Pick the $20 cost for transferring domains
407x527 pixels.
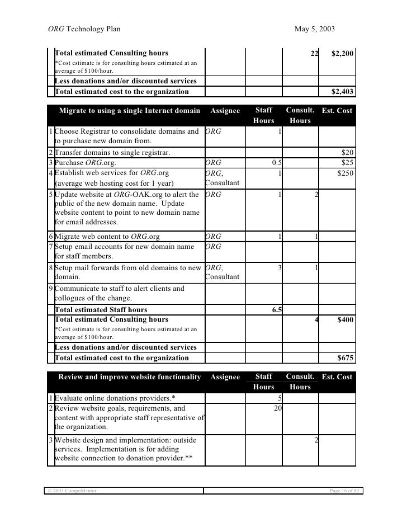click(x=347, y=153)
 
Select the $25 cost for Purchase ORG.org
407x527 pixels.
click(x=347, y=162)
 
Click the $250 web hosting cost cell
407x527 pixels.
click(x=345, y=173)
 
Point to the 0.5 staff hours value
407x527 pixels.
click(x=276, y=162)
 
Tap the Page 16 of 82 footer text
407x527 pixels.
click(x=342, y=491)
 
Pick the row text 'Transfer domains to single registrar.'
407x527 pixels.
click(x=112, y=153)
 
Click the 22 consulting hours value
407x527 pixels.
click(x=314, y=53)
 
